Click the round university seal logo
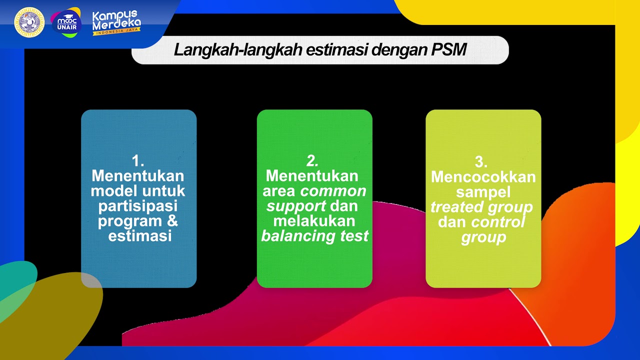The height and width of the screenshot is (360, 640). (x=29, y=22)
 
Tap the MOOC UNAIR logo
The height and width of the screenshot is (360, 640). (x=66, y=22)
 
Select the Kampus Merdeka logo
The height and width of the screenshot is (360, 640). (x=116, y=22)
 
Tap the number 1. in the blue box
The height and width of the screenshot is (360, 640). (x=138, y=161)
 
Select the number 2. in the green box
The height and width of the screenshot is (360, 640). (x=312, y=161)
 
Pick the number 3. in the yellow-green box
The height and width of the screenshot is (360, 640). (x=481, y=162)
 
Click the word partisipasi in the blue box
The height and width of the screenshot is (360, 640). (x=138, y=205)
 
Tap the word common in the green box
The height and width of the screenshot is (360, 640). (x=333, y=191)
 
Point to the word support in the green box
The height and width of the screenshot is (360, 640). (x=296, y=205)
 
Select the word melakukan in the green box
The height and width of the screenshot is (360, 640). (x=314, y=220)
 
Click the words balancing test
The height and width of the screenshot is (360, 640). (x=315, y=235)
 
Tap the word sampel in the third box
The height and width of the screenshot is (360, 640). (x=483, y=192)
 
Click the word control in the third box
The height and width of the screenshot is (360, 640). (x=498, y=222)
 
